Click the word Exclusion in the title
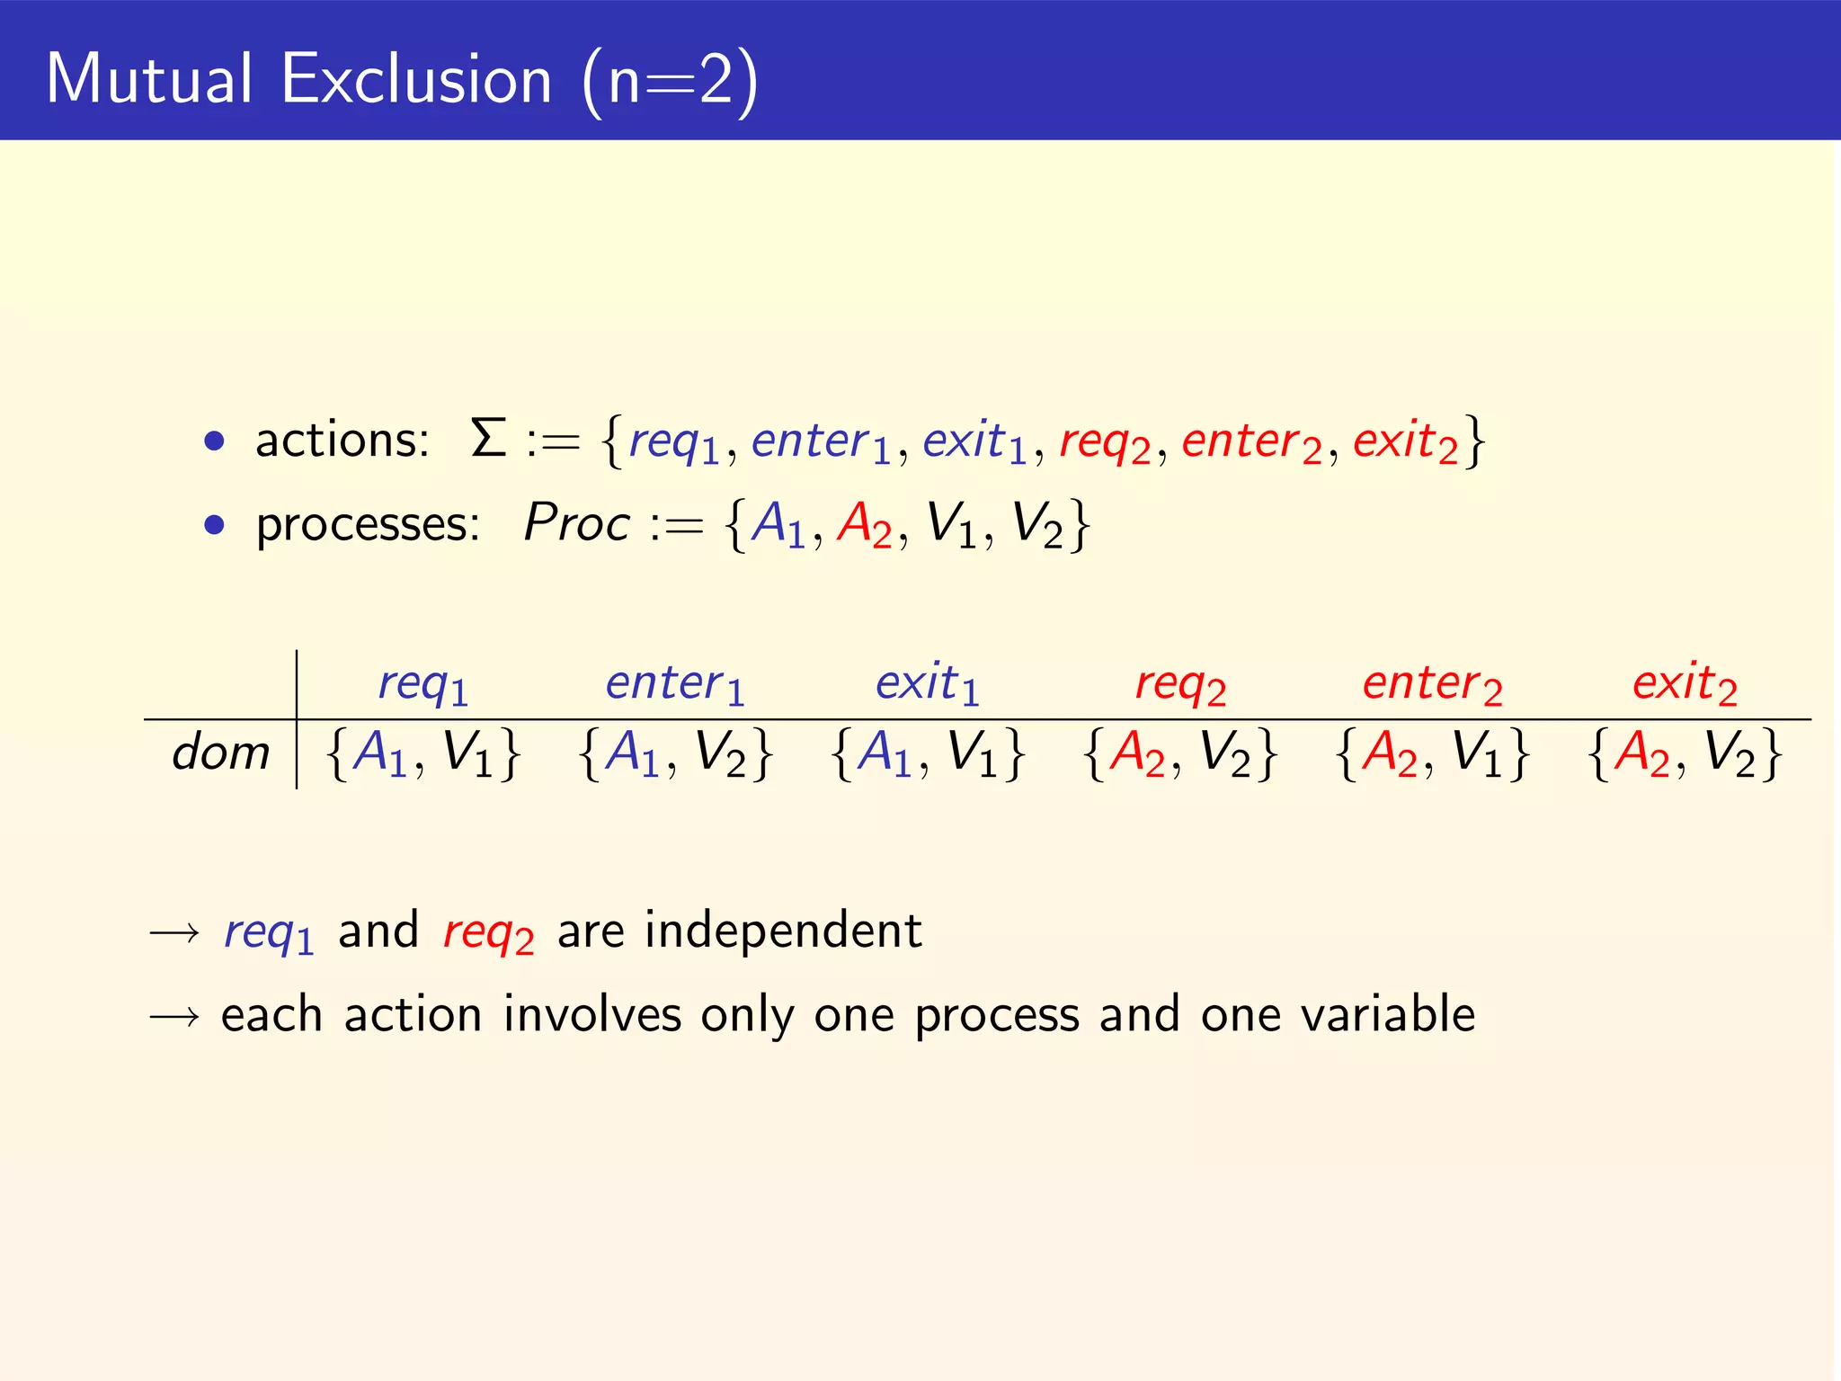[x=416, y=79]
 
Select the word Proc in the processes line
[x=577, y=523]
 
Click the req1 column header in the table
[x=422, y=684]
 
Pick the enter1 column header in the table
[x=675, y=684]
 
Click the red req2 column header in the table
[x=1180, y=684]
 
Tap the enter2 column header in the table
[x=1432, y=684]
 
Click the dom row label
[x=221, y=753]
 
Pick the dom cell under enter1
[x=675, y=753]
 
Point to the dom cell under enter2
[x=1432, y=753]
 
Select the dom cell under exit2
[x=1685, y=753]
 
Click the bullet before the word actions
[x=214, y=441]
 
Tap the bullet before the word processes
[x=214, y=524]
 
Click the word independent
[x=783, y=931]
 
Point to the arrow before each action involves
[x=174, y=1017]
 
